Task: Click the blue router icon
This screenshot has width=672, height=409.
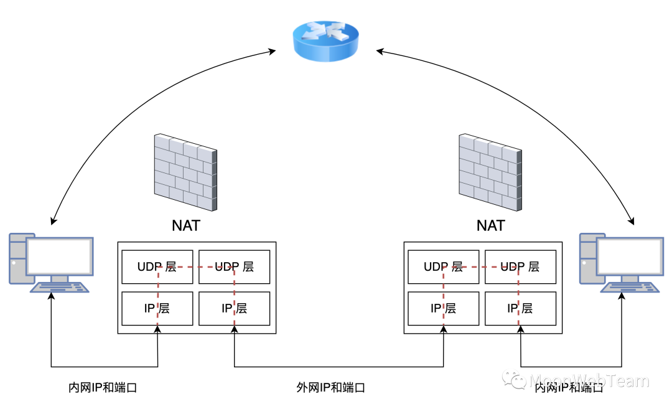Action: (x=325, y=40)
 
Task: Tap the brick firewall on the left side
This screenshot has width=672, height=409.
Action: (x=185, y=171)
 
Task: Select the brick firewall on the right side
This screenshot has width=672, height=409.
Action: (x=490, y=171)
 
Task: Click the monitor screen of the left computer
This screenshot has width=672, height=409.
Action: (x=59, y=256)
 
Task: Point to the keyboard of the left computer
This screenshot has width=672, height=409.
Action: (x=60, y=287)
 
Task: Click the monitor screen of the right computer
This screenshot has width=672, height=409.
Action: (x=630, y=256)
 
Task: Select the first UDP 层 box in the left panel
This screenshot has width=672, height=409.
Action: (x=157, y=267)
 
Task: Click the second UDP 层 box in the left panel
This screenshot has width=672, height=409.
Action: (x=234, y=267)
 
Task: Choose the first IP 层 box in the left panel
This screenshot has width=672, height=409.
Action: (x=157, y=308)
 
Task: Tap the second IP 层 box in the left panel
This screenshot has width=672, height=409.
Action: (x=234, y=308)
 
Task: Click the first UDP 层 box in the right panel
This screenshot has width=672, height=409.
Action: (x=443, y=267)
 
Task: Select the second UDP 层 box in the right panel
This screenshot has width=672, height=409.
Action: (x=520, y=267)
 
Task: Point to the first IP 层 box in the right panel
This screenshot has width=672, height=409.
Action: (x=443, y=308)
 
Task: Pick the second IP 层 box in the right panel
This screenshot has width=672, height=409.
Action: (x=520, y=308)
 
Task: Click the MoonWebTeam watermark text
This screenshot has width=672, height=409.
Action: (x=588, y=380)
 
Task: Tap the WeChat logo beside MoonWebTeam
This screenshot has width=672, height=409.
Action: (x=514, y=378)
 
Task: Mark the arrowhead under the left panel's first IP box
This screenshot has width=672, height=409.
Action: (x=157, y=329)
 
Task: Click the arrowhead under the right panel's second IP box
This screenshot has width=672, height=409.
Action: (x=520, y=329)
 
